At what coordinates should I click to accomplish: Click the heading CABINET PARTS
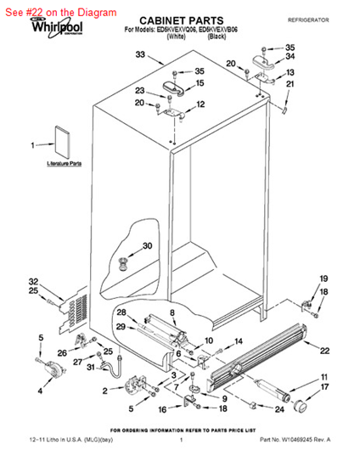pos(181,18)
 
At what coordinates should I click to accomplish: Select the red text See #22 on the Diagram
pos(60,12)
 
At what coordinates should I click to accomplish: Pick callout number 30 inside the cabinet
pos(147,246)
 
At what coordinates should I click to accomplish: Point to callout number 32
pos(34,281)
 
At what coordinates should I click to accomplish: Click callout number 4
pos(40,391)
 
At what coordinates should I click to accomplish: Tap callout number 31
pos(91,367)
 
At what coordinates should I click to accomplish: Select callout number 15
pos(200,83)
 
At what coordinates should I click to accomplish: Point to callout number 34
pos(290,58)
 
